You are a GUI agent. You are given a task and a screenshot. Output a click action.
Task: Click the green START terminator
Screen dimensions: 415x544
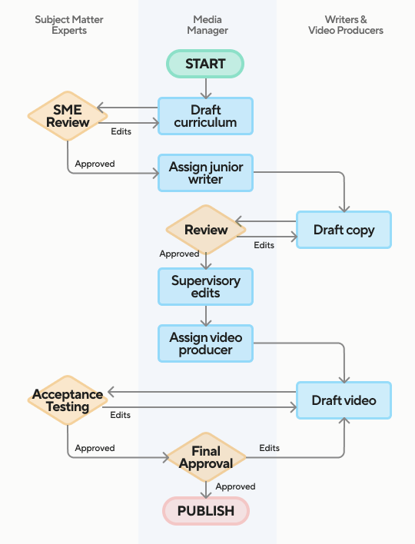point(205,64)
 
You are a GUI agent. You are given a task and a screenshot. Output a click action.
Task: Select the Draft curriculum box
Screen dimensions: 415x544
point(205,116)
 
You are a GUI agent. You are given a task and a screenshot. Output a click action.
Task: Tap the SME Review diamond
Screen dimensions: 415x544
point(68,116)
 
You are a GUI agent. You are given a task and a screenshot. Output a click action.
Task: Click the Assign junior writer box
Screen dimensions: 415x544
point(205,173)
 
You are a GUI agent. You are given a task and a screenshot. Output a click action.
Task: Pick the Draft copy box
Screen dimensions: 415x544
point(344,230)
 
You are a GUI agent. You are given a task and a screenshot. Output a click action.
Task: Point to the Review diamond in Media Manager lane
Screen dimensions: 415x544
point(206,230)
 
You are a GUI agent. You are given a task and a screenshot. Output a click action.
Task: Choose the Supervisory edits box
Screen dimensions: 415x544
point(205,287)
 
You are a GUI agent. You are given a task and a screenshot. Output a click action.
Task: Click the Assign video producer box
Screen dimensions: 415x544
point(205,343)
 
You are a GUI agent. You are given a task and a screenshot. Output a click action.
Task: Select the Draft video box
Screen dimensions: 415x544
point(344,400)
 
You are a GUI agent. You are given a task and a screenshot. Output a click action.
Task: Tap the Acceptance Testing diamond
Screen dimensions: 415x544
point(68,400)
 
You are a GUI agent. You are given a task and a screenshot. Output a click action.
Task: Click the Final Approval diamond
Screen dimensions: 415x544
point(206,457)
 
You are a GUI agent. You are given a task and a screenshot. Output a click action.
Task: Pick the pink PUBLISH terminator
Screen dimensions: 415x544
point(206,511)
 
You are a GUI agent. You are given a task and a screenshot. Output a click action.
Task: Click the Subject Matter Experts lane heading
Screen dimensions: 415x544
point(69,25)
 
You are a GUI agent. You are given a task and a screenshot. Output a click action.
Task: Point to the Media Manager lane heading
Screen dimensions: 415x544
point(207,25)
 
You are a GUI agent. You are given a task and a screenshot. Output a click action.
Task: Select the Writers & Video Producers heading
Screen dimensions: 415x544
point(346,25)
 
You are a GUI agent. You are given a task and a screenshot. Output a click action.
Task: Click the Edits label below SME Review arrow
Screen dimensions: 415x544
point(121,131)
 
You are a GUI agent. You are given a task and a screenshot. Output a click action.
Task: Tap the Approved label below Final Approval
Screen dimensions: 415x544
point(236,486)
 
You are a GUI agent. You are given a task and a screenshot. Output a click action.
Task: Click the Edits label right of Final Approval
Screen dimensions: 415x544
point(269,448)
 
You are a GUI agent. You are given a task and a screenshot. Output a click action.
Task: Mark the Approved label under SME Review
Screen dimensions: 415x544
point(95,164)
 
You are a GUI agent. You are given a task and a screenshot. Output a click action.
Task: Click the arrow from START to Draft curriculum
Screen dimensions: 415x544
point(206,88)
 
